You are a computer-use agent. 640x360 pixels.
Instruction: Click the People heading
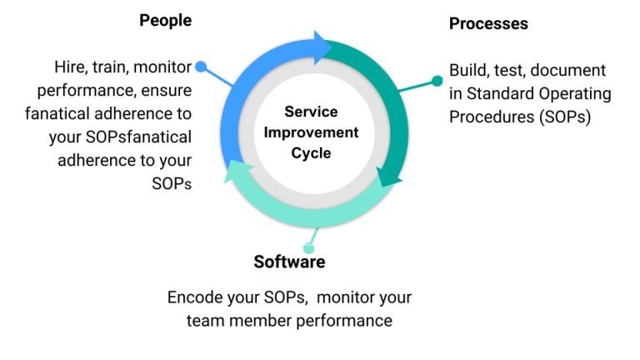tap(165, 20)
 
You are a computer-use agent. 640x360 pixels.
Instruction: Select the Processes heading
tap(488, 23)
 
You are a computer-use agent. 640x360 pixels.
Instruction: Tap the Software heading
tap(289, 262)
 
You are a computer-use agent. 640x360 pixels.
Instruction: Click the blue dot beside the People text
tap(201, 67)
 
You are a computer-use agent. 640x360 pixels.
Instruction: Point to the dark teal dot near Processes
tap(437, 81)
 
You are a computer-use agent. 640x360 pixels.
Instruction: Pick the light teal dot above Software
tap(309, 248)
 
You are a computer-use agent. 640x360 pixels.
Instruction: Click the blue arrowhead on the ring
tap(322, 47)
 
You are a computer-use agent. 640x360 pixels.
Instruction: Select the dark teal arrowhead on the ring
tap(387, 177)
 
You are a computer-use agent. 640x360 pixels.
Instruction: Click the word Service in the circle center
tap(311, 112)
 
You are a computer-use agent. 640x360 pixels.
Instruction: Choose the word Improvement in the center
tap(311, 132)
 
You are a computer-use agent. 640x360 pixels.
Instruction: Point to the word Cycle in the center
tap(311, 153)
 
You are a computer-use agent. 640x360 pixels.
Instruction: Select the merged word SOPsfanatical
tap(138, 137)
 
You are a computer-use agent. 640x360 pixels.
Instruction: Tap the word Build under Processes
tap(468, 70)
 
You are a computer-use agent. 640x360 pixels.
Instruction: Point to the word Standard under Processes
tap(501, 93)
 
